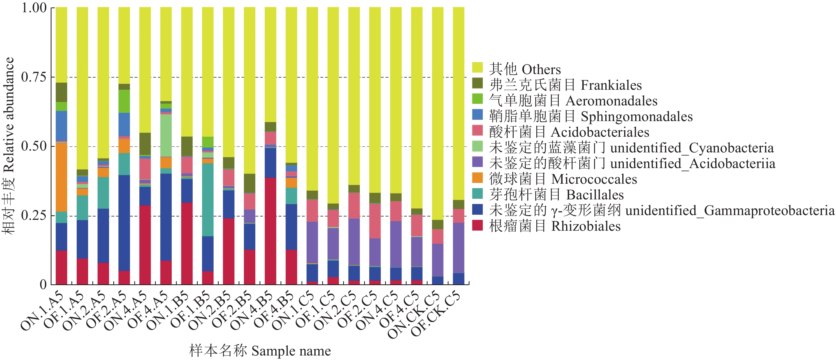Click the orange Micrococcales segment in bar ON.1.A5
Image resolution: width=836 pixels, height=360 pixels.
coord(61,177)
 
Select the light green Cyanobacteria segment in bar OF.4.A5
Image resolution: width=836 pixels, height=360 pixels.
coord(166,135)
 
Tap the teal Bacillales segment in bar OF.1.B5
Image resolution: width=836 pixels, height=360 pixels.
coord(208,200)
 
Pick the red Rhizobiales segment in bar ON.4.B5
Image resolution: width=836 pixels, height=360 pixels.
coord(270,231)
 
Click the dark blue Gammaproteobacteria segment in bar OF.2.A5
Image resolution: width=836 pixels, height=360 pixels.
coord(124,223)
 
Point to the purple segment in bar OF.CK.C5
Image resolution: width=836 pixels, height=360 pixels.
coord(458,248)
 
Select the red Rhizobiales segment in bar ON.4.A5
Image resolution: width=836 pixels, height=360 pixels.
coord(145,245)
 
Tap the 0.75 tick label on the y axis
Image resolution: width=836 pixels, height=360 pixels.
coord(34,77)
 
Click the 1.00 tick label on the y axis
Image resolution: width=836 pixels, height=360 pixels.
coord(34,8)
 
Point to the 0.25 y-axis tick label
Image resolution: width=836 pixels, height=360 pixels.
coord(34,216)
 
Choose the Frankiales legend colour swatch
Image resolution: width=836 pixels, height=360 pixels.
coord(477,83)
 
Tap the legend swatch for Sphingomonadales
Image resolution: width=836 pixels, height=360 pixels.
coord(477,115)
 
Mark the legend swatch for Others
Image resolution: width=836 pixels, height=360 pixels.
coord(477,67)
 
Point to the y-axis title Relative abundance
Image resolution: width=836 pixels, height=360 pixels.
coord(9,146)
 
